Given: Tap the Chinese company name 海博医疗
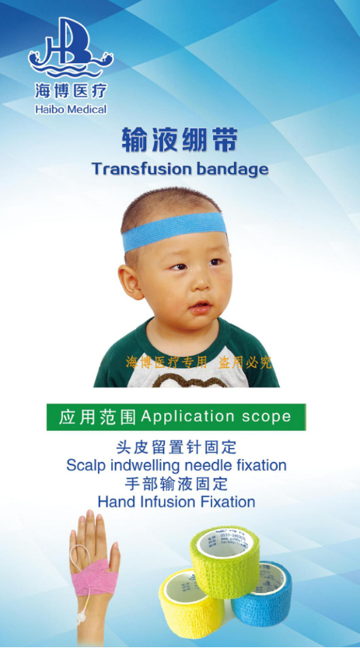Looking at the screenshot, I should point(70,91).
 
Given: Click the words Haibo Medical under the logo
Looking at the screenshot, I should point(71,110).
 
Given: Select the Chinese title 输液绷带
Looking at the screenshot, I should point(180,140).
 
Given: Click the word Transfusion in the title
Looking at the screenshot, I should point(140,169).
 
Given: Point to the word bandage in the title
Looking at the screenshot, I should point(230,169).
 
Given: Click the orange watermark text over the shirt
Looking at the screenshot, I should point(199,363).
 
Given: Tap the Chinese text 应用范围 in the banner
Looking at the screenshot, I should point(98,417).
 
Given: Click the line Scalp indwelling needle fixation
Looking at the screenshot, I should point(177,465).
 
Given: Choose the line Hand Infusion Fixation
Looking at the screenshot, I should point(177,502).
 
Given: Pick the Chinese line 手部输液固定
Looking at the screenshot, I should point(177,484).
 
